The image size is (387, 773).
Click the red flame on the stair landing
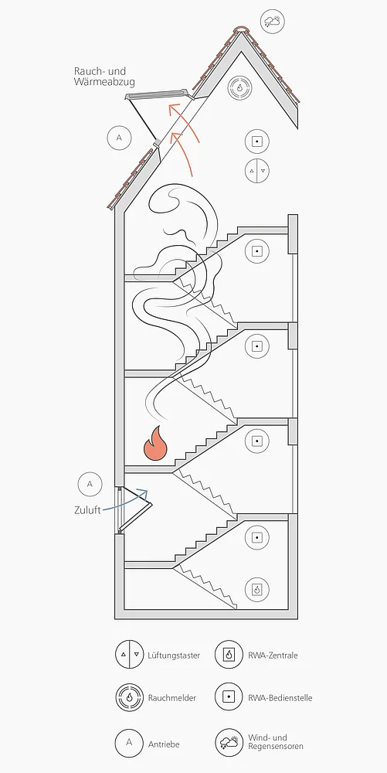155,444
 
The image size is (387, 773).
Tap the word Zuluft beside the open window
87,510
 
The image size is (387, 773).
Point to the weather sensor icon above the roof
272,21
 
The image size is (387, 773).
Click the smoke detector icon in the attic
239,87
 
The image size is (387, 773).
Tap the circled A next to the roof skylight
119,138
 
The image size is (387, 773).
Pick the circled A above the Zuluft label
90,484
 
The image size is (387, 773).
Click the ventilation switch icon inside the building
257,171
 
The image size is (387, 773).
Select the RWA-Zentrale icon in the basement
257,588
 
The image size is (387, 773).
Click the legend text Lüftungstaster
174,656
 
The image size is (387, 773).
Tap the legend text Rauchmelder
171,697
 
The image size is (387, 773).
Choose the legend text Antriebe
164,744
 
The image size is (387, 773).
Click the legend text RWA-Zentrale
273,656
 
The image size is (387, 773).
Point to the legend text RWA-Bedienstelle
280,697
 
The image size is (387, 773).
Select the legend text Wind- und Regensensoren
276,742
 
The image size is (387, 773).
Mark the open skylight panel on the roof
157,94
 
